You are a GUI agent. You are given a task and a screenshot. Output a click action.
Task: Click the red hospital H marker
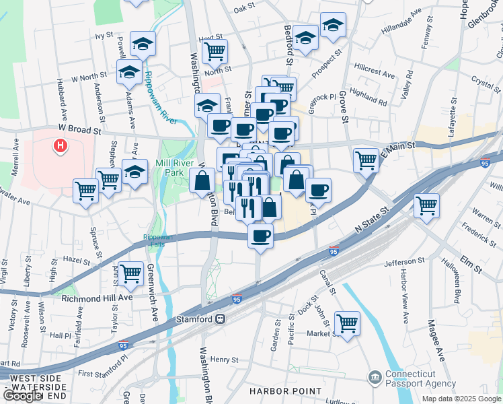(61, 145)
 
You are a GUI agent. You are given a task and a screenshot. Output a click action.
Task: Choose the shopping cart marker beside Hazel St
(131, 273)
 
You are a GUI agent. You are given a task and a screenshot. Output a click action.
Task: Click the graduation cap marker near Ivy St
(143, 44)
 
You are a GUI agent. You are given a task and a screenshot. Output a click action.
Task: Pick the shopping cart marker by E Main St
(365, 160)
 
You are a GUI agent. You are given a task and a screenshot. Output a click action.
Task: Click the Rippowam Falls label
(157, 240)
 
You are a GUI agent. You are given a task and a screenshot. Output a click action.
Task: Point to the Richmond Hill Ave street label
(97, 297)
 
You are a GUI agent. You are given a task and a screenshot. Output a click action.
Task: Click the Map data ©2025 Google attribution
(461, 399)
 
